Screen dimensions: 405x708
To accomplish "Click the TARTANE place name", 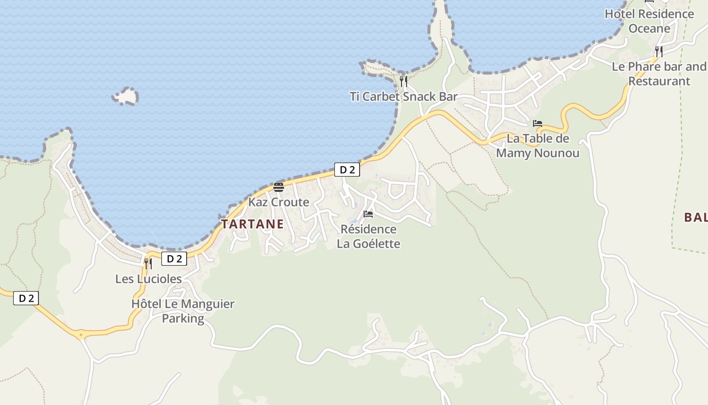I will coord(252,224).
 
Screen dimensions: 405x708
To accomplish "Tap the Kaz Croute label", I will coord(278,202).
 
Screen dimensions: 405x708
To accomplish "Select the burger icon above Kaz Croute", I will coord(278,187).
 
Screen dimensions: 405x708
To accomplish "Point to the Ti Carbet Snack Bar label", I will coord(404,96).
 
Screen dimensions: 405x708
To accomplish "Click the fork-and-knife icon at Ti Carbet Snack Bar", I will coord(404,81).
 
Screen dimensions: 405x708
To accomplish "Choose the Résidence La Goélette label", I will coord(368,236).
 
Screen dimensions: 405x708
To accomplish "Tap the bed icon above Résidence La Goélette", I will coord(368,214).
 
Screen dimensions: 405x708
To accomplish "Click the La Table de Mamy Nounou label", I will coord(538,146).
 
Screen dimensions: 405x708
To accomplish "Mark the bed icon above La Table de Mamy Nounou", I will coord(537,124).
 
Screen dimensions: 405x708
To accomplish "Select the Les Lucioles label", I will coord(148,279).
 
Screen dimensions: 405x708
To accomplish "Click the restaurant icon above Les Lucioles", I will coord(148,263).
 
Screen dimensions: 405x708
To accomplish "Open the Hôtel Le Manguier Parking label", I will coord(183,311).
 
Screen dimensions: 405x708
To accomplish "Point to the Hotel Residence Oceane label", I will coord(649,21).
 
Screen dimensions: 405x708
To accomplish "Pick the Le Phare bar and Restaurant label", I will coord(659,73).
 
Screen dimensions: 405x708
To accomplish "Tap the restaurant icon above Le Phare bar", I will coord(658,51).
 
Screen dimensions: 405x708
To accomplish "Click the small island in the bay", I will coord(125,96).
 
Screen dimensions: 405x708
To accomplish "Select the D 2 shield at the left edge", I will coord(26,298).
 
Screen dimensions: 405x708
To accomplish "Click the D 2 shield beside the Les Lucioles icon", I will coord(174,259).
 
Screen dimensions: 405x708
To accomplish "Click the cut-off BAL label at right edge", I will coord(695,218).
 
